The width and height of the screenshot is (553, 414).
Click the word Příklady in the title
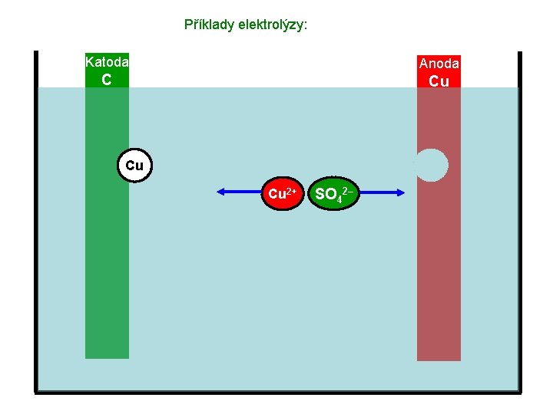[207, 25]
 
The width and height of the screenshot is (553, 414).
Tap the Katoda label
[107, 61]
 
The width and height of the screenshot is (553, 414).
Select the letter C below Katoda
[107, 80]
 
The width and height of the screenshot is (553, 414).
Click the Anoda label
[439, 64]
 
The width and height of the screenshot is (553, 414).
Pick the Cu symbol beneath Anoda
[439, 80]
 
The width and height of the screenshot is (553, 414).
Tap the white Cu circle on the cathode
[134, 165]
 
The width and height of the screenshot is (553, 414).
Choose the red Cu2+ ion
[283, 194]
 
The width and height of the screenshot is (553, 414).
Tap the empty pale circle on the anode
[432, 165]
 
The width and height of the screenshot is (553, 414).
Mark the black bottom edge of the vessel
[277, 393]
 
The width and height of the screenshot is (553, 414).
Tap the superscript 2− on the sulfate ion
[348, 189]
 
